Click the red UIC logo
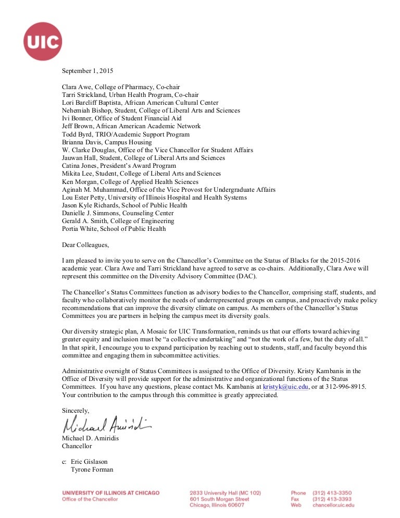[x=43, y=41]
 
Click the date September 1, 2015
[x=87, y=71]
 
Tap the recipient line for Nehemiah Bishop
[x=151, y=110]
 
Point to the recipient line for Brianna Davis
[x=107, y=142]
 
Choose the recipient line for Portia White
[x=114, y=229]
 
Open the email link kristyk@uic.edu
[x=285, y=387]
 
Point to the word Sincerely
[x=76, y=410]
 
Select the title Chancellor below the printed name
[x=77, y=446]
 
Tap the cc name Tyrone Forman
[x=92, y=470]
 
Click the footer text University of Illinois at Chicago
[x=110, y=492]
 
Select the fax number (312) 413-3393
[x=332, y=499]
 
